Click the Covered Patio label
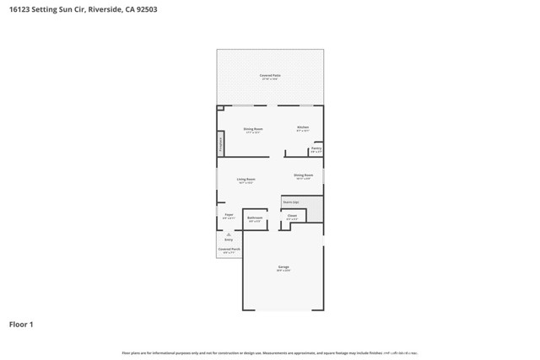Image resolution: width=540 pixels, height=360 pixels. pos(270,76)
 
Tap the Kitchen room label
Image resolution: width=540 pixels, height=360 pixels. pos(302,128)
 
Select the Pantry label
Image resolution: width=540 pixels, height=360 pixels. pos(316,148)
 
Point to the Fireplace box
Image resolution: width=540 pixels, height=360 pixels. pos(220,143)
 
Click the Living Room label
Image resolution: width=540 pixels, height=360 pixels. pos(246,180)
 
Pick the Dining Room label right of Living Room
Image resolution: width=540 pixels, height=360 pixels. pos(304,175)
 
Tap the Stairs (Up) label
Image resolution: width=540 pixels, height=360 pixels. pos(291,202)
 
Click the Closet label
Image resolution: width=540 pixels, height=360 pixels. pos(292,216)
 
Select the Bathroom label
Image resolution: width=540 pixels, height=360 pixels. pos(255,218)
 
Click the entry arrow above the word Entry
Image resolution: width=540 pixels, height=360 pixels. pos(228,234)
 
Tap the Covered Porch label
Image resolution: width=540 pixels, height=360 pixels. pos(229,250)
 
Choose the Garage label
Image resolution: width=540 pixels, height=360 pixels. pos(283,268)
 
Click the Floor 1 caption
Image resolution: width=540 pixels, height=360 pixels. pos(22,324)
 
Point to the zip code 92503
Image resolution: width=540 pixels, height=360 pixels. pos(144,10)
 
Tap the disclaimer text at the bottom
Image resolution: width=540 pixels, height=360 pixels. pos(270,352)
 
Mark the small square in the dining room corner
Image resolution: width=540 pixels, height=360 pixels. pos(220,108)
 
